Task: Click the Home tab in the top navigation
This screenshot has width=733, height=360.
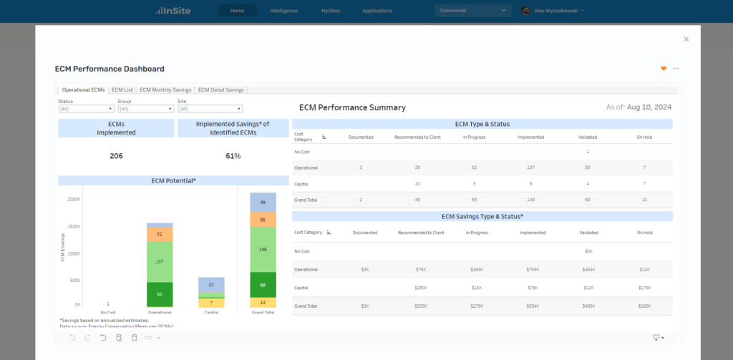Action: click(x=237, y=11)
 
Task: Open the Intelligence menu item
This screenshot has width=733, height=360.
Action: click(x=284, y=11)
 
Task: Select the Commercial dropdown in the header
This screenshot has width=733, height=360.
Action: click(x=472, y=11)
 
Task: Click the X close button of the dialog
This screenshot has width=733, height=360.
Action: click(x=686, y=39)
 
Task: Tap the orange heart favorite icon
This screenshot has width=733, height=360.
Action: click(x=664, y=69)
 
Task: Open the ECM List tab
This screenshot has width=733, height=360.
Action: click(x=122, y=90)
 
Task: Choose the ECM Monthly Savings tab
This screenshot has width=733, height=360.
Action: click(x=165, y=90)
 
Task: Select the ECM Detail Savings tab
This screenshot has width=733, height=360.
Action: click(x=221, y=90)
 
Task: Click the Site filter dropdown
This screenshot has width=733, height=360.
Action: click(x=210, y=109)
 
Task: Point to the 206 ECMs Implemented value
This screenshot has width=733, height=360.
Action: click(x=116, y=156)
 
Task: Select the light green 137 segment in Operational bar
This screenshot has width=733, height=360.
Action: click(x=159, y=262)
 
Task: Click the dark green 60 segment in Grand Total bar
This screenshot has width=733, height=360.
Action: click(x=263, y=285)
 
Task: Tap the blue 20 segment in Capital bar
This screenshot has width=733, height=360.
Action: click(x=211, y=285)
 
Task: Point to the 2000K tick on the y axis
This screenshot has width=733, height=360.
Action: click(x=73, y=200)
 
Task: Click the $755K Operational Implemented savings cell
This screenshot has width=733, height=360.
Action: click(x=533, y=269)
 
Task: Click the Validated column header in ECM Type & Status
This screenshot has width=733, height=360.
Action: click(x=587, y=137)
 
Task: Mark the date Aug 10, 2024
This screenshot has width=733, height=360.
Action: click(x=649, y=107)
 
